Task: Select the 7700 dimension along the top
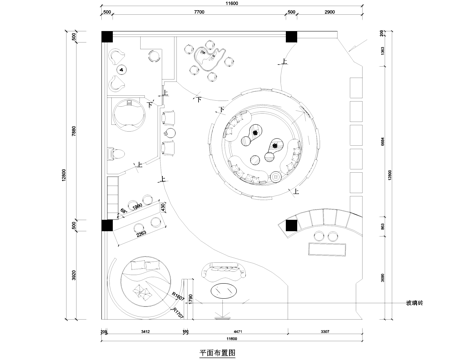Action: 198,15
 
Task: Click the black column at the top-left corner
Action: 108,38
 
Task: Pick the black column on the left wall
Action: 108,226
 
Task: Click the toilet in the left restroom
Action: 114,156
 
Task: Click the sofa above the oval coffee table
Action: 224,270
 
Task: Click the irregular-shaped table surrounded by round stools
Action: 211,58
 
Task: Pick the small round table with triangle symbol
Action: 121,70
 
